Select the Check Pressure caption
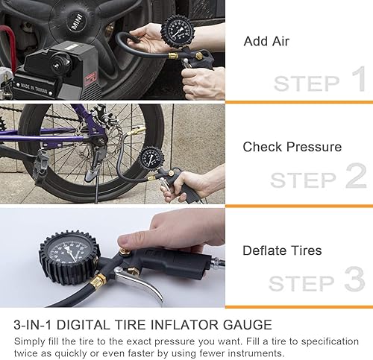pyautogui.click(x=292, y=147)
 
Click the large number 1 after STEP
pyautogui.click(x=358, y=80)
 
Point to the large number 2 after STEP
pyautogui.click(x=356, y=177)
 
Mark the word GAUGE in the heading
pyautogui.click(x=247, y=324)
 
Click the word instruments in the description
pyautogui.click(x=254, y=352)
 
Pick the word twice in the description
pyautogui.click(x=29, y=352)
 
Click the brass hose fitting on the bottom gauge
pyautogui.click(x=98, y=281)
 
